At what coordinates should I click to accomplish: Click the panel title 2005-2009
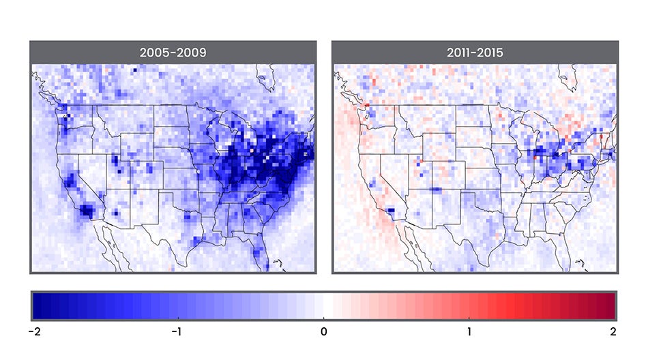[x=173, y=52]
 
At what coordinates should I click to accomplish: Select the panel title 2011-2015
[x=475, y=52]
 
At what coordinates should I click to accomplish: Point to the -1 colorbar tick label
[x=177, y=332]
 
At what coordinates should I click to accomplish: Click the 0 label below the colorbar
[x=323, y=332]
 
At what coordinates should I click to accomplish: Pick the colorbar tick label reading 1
[x=469, y=332]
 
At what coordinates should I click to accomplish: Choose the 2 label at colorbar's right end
[x=613, y=332]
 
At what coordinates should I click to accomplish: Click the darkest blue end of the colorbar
[x=37, y=305]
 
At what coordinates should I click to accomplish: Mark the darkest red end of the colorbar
[x=610, y=305]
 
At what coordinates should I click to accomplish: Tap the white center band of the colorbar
[x=323, y=305]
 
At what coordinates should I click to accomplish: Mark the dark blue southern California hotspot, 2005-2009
[x=87, y=210]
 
